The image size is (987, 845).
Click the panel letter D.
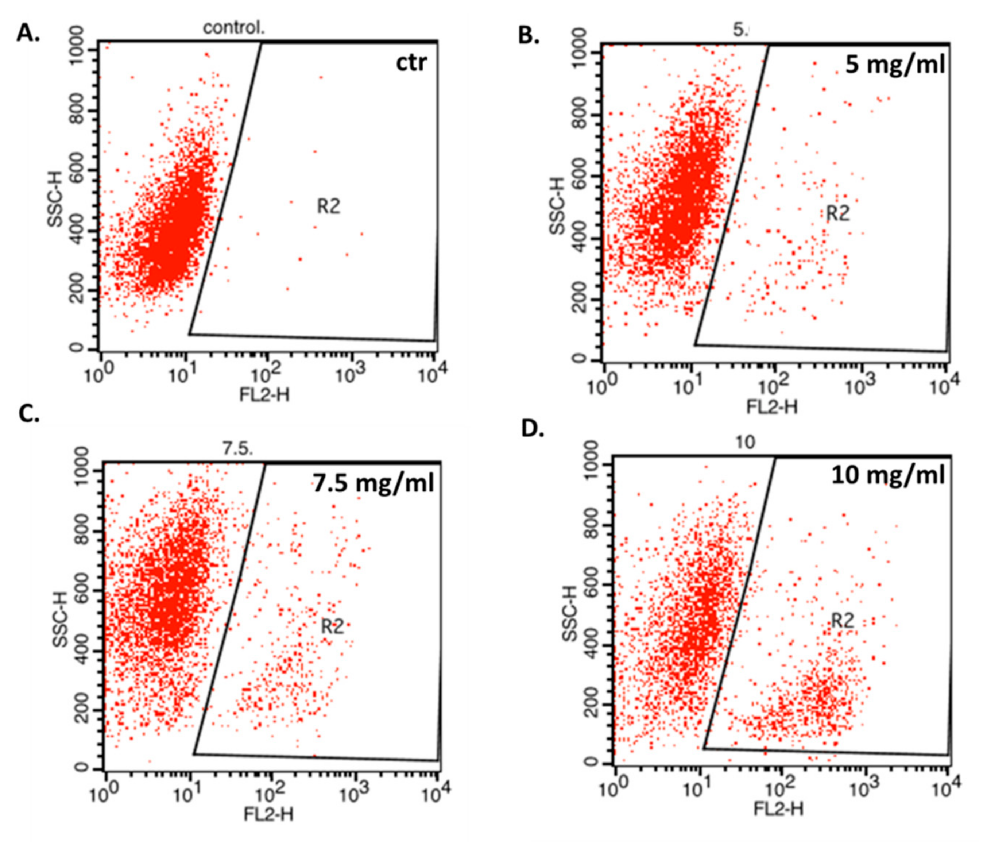[x=533, y=429]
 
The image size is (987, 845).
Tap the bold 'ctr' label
[x=411, y=63]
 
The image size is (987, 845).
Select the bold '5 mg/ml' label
[x=895, y=64]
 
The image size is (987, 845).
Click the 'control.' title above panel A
[x=233, y=28]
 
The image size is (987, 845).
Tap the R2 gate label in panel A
[x=329, y=207]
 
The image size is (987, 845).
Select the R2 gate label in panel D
[x=842, y=621]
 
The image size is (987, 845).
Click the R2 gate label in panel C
[x=332, y=626]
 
